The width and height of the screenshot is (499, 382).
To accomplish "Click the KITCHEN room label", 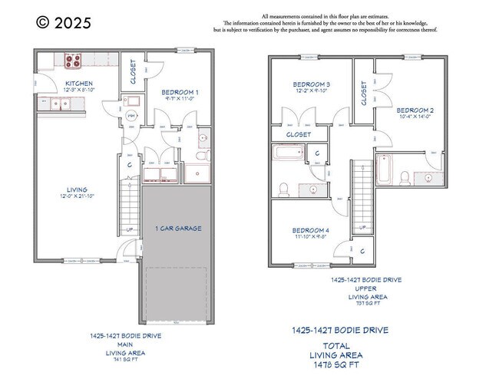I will pos(78,84).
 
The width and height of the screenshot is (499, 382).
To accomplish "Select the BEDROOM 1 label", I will pos(180,92).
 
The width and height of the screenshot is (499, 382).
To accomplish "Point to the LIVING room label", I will pos(77,189).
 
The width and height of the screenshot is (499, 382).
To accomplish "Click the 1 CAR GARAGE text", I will pos(178,229).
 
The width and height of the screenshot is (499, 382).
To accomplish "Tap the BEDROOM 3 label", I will pos(312,84).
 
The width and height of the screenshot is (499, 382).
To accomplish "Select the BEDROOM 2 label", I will pos(415,110).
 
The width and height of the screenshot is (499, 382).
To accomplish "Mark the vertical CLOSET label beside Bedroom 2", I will pos(364,94).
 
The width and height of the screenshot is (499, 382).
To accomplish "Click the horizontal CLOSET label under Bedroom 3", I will pos(298,134).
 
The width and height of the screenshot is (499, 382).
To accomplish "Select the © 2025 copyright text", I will pos(63,22).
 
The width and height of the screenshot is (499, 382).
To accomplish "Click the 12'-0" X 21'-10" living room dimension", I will pos(77,197).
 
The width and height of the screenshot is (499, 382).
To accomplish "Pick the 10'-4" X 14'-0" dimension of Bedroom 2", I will pos(415,118).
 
